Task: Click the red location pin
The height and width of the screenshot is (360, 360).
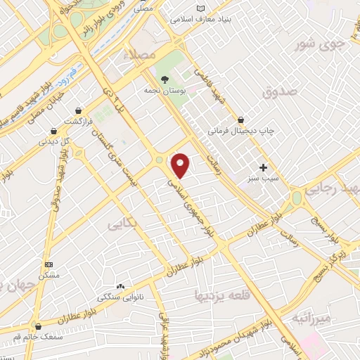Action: pos(181,166)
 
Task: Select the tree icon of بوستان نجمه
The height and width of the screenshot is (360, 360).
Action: pos(164,79)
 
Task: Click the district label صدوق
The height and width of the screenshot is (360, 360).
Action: pos(280,91)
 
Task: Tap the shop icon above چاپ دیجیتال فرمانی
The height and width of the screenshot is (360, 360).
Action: pos(240,120)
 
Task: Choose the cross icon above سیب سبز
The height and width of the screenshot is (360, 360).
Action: pos(264,167)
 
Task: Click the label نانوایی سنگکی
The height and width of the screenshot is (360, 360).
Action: pos(120,297)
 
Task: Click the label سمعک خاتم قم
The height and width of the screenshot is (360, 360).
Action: pos(37,337)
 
